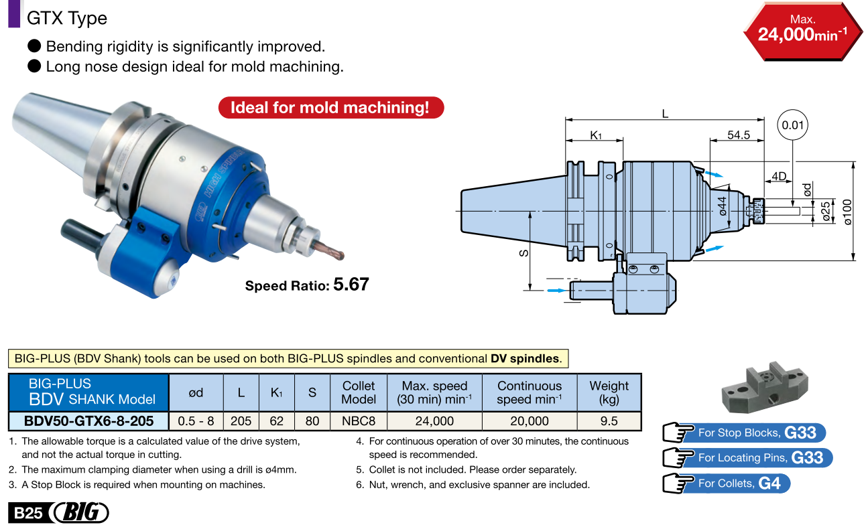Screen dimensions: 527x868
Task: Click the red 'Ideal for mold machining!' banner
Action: (330, 108)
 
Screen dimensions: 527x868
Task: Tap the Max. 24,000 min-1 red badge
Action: (802, 31)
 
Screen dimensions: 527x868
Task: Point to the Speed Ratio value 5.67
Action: (351, 284)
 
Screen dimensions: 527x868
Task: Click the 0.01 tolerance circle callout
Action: (792, 125)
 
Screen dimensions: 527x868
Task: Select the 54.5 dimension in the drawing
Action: (738, 135)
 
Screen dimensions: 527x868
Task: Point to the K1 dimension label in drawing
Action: (595, 135)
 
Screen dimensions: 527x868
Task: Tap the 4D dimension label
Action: (778, 176)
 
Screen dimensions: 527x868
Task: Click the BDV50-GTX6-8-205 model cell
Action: (88, 421)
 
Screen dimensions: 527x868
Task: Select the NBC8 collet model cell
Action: (359, 421)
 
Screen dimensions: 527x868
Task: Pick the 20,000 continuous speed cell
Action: (529, 421)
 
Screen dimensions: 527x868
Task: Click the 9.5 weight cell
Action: (609, 421)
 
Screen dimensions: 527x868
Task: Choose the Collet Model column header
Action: (359, 392)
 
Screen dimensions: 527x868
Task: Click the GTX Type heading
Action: (67, 18)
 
